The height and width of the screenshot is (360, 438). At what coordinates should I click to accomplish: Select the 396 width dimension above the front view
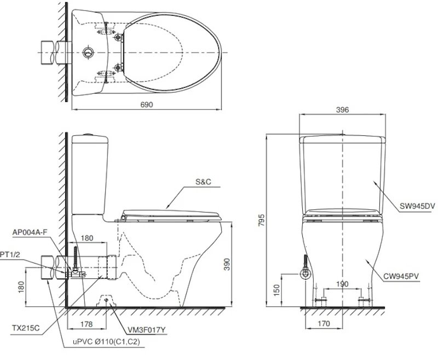click(342, 110)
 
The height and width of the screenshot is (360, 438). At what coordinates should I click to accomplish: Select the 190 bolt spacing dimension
click(342, 284)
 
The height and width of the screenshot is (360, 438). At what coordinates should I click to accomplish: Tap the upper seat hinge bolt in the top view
click(119, 37)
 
